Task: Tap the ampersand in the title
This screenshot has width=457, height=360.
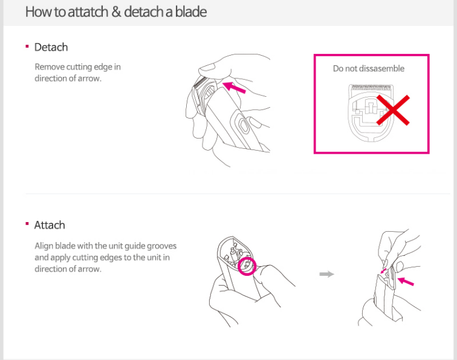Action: [x=116, y=12]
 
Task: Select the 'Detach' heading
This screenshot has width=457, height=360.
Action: [x=51, y=47]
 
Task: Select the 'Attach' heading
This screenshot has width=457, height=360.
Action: [x=50, y=225]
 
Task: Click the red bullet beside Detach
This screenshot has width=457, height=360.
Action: [x=27, y=47]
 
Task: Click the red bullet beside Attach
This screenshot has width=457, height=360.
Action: [x=27, y=224]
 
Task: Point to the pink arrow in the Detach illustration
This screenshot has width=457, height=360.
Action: [x=234, y=88]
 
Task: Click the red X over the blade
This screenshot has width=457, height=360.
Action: [x=393, y=110]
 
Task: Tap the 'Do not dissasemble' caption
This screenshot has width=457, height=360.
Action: [x=369, y=68]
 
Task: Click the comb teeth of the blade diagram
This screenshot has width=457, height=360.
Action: [x=372, y=88]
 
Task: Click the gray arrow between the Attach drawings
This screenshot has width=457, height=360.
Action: [x=326, y=274]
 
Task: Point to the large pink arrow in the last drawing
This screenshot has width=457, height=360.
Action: [x=406, y=281]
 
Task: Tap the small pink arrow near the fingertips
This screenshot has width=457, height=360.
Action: [x=383, y=271]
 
